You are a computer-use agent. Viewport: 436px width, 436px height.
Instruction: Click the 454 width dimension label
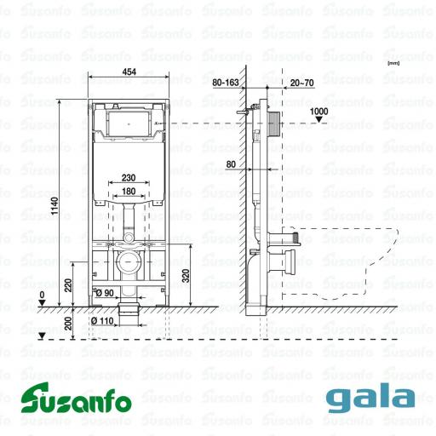pos(130,72)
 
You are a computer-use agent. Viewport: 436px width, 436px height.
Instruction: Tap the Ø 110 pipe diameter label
pos(103,321)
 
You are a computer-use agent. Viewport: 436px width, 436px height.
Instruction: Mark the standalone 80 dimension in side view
pos(231,163)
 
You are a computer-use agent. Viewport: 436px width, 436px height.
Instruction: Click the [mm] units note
pos(393,62)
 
